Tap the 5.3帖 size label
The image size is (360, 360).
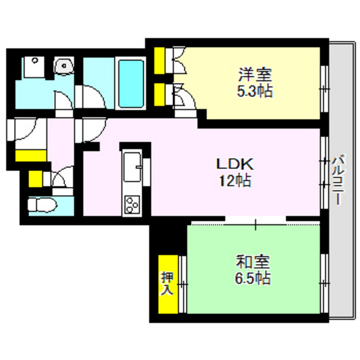coord(255,91)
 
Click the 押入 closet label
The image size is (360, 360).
coord(167,283)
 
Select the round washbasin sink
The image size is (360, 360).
coord(63,66)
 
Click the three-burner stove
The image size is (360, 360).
coord(132,204)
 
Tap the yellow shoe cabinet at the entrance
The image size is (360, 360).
coord(30,156)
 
